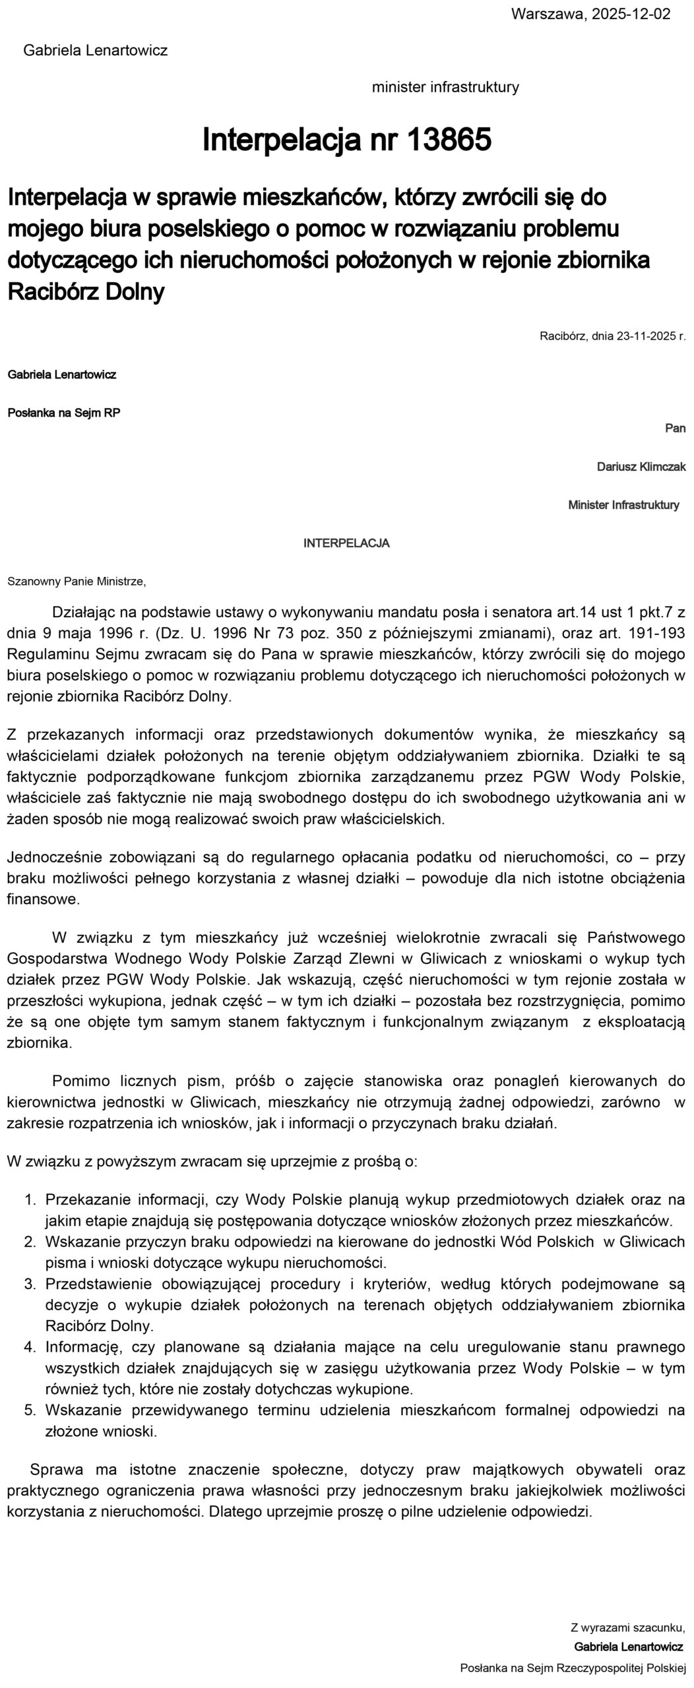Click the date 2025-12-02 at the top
629,14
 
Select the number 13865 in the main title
449,140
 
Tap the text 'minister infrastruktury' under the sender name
445,87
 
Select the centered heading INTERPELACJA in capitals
346,543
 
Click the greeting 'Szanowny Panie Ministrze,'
77,582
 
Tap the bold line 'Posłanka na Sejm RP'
64,413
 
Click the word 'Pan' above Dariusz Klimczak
675,429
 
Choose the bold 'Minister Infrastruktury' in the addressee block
623,505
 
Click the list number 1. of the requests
30,1199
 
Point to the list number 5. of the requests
30,1410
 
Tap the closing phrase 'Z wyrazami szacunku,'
628,1625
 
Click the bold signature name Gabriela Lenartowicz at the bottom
629,1646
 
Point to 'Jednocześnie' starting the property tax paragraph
46,857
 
